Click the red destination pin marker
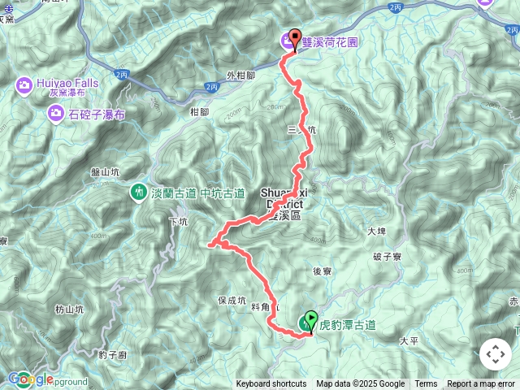(294, 38)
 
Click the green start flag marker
(310, 322)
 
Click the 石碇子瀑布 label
(96, 115)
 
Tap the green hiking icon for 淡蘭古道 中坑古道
(137, 193)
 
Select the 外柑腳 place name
(241, 76)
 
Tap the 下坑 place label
(177, 221)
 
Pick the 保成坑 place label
(232, 300)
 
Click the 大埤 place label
(375, 232)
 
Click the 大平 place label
(409, 342)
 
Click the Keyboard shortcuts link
(271, 384)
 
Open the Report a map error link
(482, 384)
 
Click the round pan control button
(496, 355)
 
